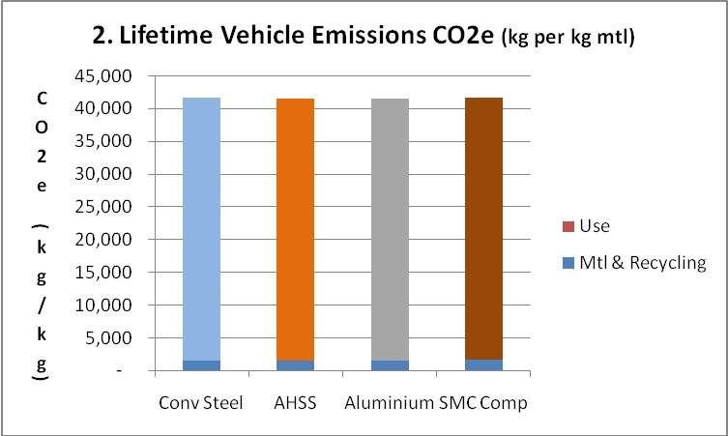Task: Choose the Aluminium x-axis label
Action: point(384,401)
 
